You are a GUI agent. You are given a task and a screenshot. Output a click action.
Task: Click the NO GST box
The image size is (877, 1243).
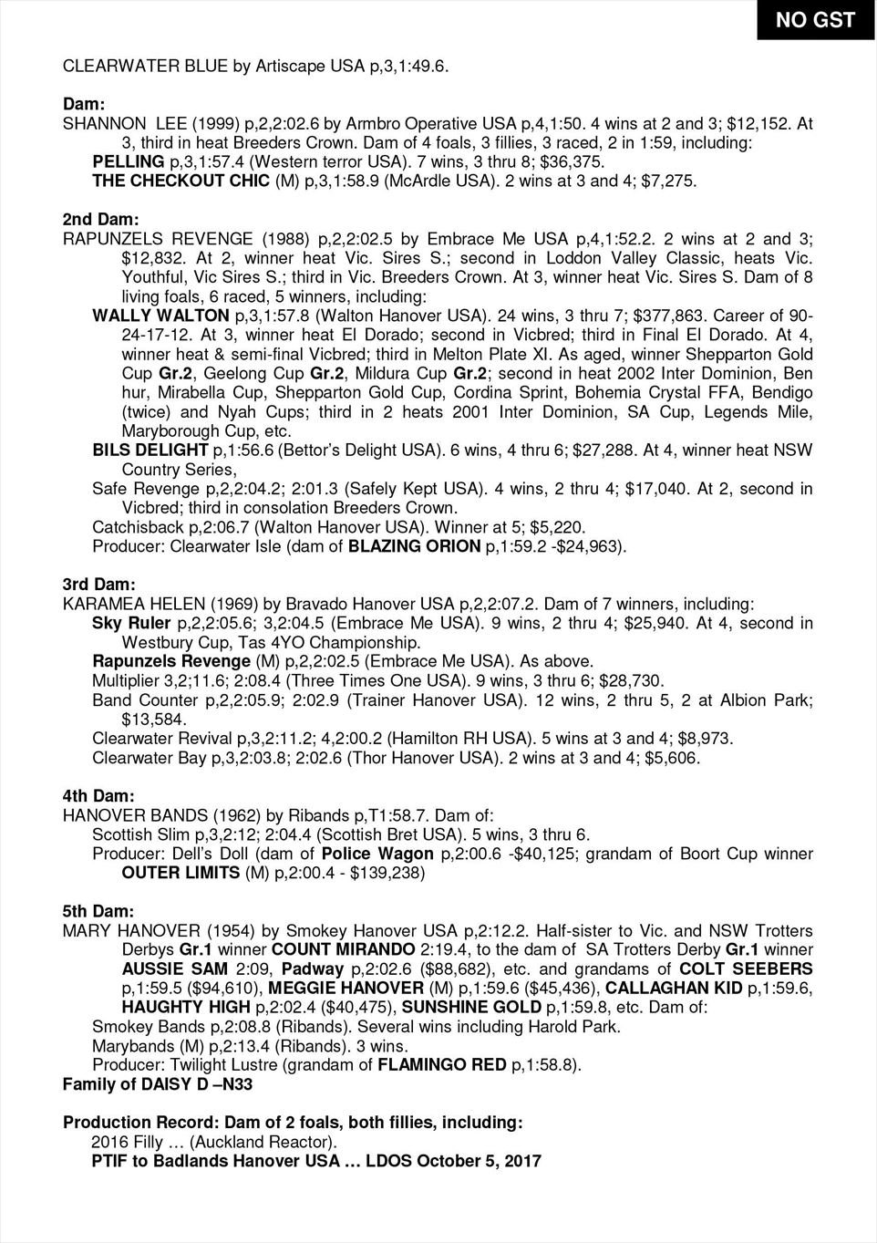coord(815,20)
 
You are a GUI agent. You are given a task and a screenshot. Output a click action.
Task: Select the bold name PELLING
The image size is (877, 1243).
coord(129,161)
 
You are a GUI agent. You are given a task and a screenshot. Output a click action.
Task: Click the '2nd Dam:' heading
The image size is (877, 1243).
coord(100,220)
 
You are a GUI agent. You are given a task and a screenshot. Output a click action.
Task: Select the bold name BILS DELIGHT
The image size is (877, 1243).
coord(150,450)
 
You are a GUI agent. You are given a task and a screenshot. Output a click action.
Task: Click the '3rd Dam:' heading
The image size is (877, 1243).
coord(98,583)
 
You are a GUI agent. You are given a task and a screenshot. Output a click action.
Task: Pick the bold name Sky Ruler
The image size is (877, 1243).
coord(131,623)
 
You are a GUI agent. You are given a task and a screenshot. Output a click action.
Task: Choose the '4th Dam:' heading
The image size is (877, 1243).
coord(98,795)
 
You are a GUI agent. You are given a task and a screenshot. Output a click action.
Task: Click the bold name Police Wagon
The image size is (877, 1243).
coord(377,854)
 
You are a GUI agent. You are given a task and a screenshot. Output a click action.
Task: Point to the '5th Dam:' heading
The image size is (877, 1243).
coord(98,911)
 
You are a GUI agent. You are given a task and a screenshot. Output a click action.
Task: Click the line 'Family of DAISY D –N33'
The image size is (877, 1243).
coord(157,1084)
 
